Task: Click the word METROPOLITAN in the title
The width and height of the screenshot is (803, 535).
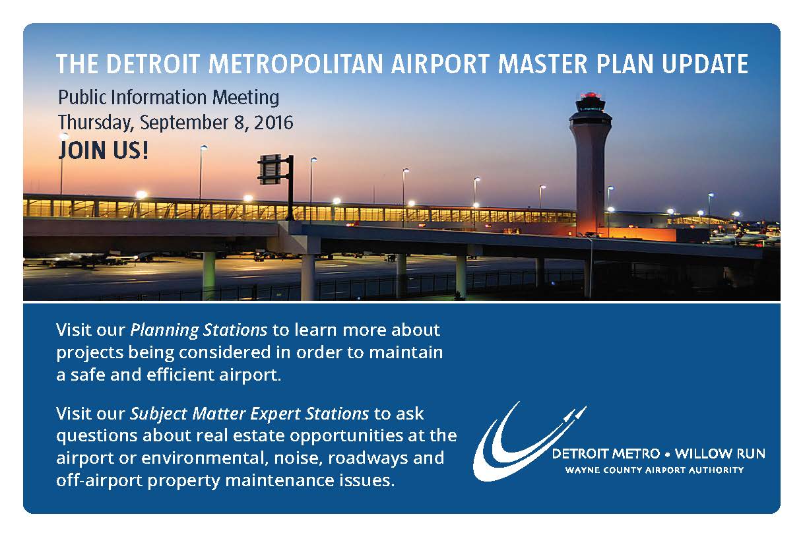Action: pos(296,64)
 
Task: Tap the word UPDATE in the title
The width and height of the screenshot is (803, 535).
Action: pos(705,64)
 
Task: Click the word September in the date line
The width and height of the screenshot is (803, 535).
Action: pos(184,123)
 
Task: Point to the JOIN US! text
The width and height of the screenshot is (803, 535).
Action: pos(103,150)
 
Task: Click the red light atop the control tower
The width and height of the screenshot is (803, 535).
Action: pos(591,95)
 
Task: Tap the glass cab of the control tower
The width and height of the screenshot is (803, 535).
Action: pos(591,106)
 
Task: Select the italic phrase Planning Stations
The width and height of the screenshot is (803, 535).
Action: pos(199,330)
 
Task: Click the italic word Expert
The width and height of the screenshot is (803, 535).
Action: pos(275,414)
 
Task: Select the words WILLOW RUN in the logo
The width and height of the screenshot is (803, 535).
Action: pos(720,454)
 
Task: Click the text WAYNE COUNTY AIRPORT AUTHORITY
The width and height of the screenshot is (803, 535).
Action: pos(655,470)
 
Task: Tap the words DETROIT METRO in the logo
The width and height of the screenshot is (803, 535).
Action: pos(606,454)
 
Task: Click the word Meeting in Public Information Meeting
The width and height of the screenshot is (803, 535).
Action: pos(245,98)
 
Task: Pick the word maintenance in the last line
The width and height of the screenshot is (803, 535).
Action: pos(280,480)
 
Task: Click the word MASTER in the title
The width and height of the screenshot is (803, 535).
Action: pos(543,64)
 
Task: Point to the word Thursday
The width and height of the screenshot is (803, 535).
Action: pos(96,123)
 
